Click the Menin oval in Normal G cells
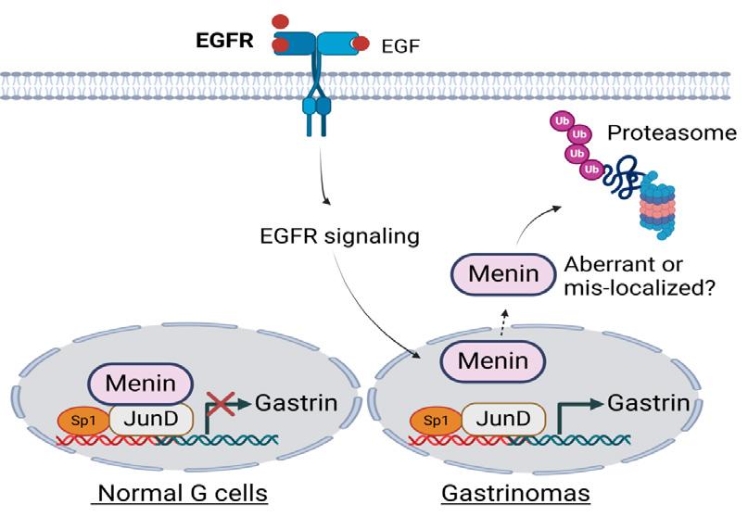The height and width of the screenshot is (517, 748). [141, 382]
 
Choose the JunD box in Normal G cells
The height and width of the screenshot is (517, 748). [151, 419]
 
